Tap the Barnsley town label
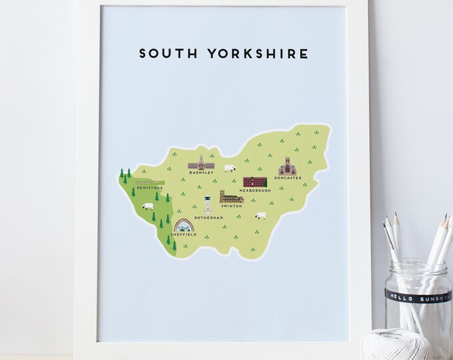pos(201,173)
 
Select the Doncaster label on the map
pos(287,177)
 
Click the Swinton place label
pos(232,206)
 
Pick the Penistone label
pos(147,188)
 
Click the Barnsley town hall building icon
pos(200,163)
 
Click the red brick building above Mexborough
pos(254,182)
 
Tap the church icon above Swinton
pos(231,197)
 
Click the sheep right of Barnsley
pos(230,169)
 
